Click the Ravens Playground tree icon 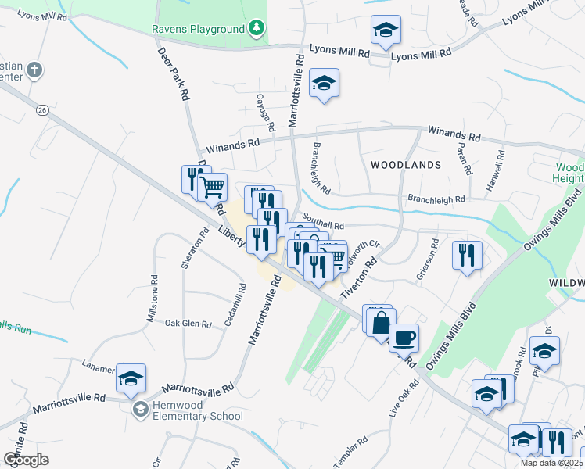(255, 30)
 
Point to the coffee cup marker (404, 338)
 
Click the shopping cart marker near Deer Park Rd (212, 188)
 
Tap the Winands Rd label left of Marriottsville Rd (231, 145)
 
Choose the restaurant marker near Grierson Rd (467, 256)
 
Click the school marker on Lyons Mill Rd (386, 31)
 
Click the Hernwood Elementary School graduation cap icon (140, 409)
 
